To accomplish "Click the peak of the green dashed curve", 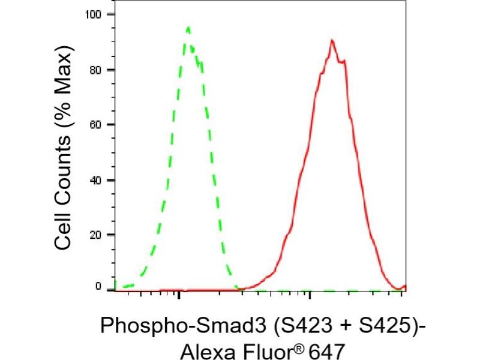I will pyautogui.click(x=188, y=28).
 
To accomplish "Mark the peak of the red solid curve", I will pyautogui.click(x=331, y=40).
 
